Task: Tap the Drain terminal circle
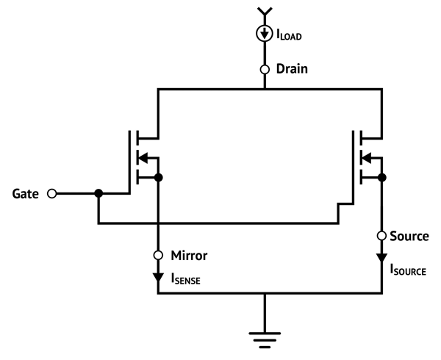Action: pos(265,70)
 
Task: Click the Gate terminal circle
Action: pos(51,194)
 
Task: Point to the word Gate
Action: pos(26,194)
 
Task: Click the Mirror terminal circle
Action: pos(158,256)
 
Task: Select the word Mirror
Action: pos(189,256)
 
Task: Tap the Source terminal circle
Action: pos(381,236)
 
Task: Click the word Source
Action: pos(409,236)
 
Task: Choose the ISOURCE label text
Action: pos(408,270)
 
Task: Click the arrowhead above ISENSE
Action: pos(158,278)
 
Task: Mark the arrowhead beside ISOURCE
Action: pos(381,259)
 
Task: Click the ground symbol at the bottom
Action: pos(265,339)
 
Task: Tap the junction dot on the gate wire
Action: pos(98,194)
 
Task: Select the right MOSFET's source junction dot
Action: pos(381,178)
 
